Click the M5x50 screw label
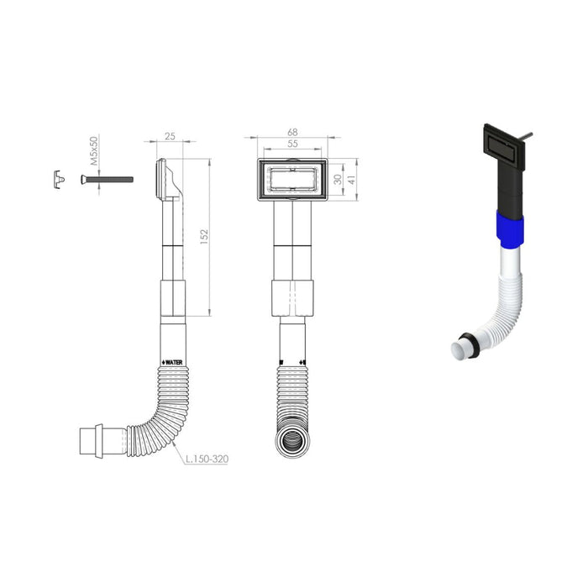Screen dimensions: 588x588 (94, 150)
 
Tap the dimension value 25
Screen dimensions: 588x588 (170, 136)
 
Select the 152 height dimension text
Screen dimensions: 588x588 (204, 237)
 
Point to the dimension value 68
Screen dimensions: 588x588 (292, 132)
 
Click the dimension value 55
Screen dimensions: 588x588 (292, 144)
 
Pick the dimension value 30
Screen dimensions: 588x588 (338, 179)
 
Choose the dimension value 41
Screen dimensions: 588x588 (352, 179)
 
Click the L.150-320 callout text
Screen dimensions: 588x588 (207, 459)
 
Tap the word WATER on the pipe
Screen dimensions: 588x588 (175, 362)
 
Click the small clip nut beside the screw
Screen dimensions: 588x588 (59, 179)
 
